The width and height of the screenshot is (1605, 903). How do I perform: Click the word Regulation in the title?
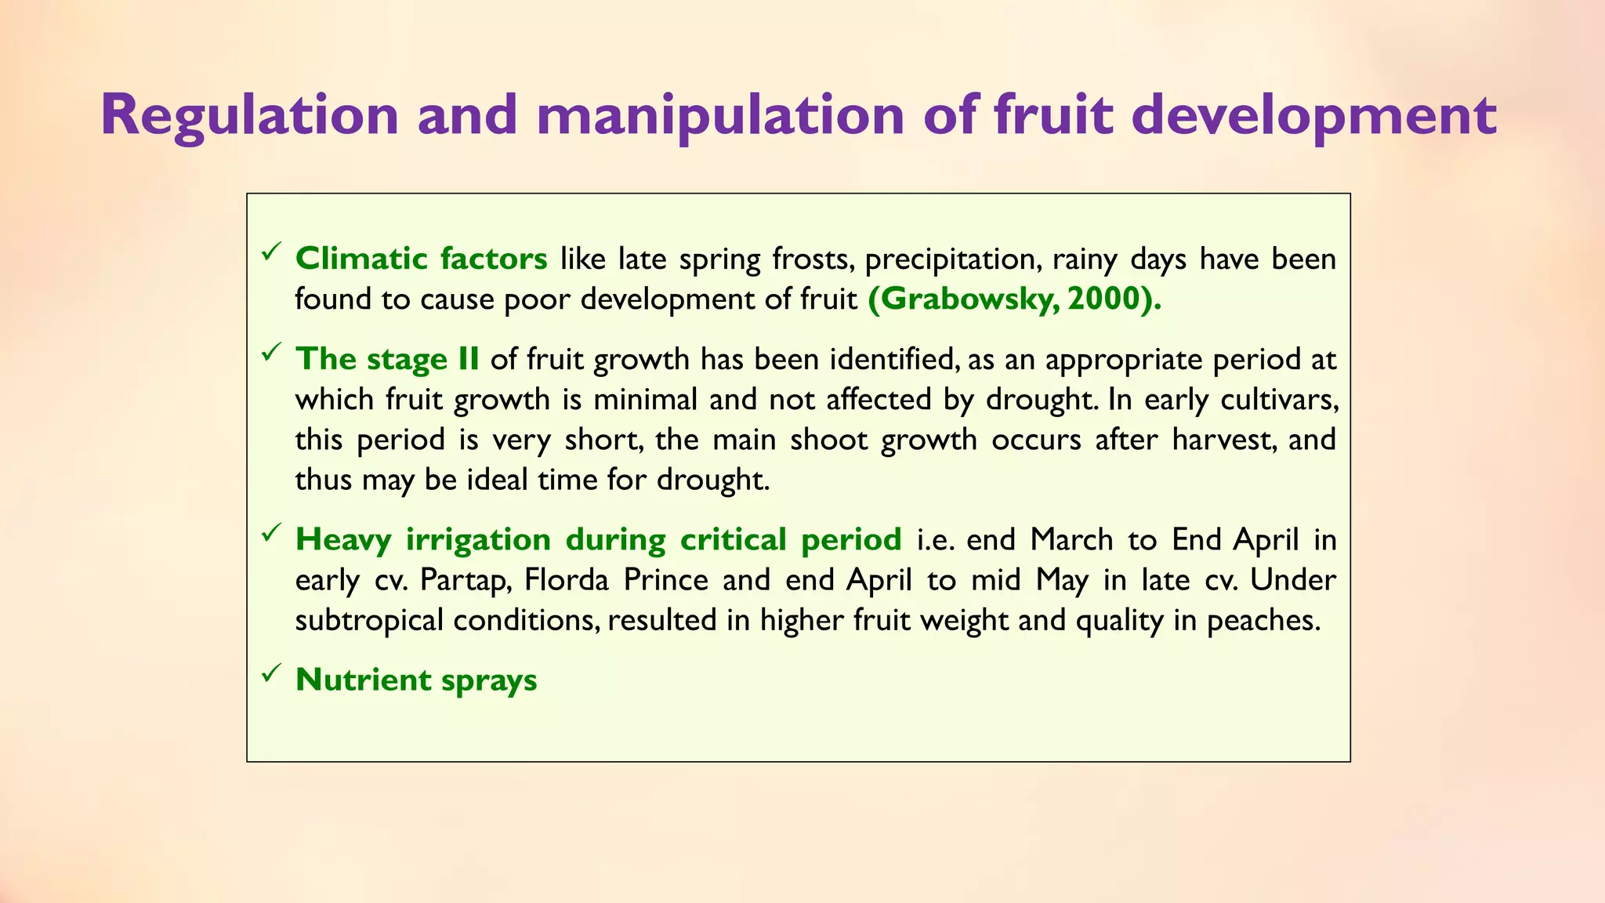point(250,115)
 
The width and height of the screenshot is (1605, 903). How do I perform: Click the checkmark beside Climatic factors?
point(272,252)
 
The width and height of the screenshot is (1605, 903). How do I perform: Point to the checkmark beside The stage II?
point(272,353)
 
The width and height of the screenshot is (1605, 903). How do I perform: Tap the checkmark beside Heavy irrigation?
point(272,534)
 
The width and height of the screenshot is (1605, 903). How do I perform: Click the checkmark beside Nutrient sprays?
point(272,673)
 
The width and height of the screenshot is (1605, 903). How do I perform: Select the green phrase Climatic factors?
point(421,259)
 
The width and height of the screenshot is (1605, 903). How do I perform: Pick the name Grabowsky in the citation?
point(967,299)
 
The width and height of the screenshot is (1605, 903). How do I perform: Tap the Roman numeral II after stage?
point(468,359)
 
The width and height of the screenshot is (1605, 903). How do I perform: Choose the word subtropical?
point(367,620)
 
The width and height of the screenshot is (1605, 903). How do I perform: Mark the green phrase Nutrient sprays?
point(416,680)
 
